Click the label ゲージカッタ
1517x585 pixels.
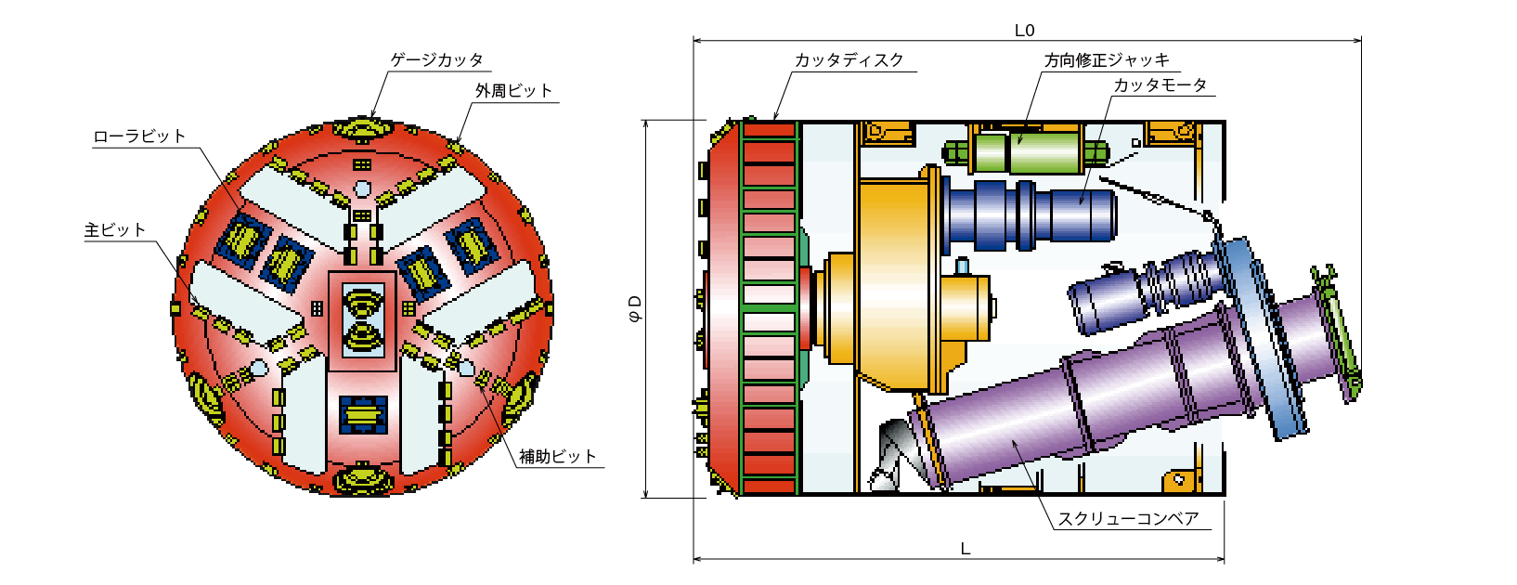(x=437, y=60)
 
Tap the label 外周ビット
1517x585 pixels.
(x=513, y=91)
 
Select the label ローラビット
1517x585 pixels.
(x=139, y=136)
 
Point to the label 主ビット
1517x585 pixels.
(x=115, y=230)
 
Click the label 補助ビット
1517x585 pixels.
(x=558, y=456)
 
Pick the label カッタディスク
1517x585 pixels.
(x=849, y=60)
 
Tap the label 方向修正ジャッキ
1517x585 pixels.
(x=1107, y=60)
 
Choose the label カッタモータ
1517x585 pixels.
(x=1160, y=85)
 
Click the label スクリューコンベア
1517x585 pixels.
(x=1128, y=519)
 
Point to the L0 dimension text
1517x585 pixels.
(x=1024, y=31)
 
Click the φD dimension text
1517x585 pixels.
(x=635, y=308)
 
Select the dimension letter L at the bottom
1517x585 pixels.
(x=966, y=549)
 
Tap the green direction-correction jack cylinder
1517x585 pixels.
(x=1026, y=151)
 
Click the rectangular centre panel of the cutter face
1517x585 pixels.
(x=362, y=321)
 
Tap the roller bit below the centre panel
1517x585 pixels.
(x=363, y=414)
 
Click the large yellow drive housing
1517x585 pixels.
(x=894, y=284)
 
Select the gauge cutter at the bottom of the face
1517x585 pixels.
(x=363, y=479)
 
